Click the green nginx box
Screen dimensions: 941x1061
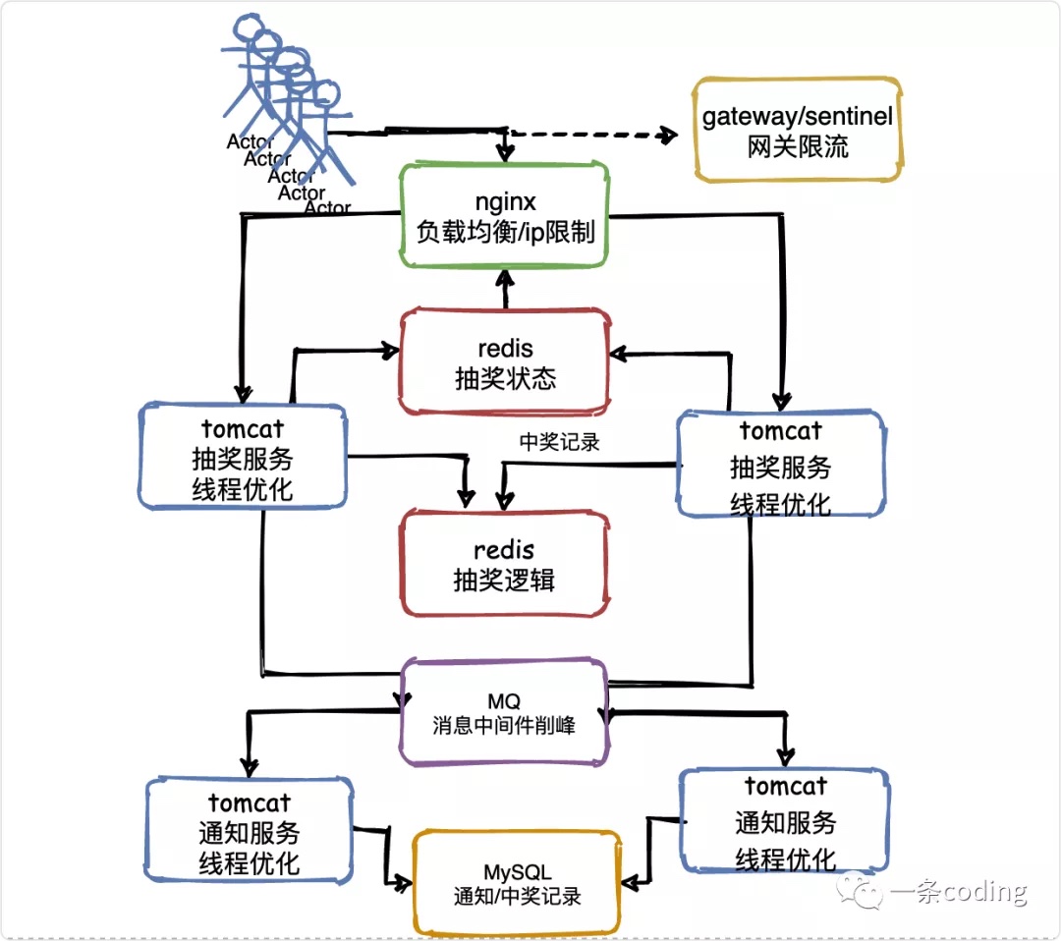point(505,216)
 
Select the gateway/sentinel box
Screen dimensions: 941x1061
point(797,130)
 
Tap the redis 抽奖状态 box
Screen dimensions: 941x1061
point(505,361)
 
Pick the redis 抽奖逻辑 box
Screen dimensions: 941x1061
point(504,563)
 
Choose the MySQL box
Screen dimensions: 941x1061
point(517,883)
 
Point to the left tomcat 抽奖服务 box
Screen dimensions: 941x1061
point(243,456)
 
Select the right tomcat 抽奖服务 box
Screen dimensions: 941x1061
point(781,465)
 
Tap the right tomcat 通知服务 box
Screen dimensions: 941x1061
point(785,821)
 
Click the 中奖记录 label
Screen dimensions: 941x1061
point(559,442)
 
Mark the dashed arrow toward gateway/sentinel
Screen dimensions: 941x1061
point(589,135)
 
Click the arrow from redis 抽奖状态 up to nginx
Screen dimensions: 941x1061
point(507,290)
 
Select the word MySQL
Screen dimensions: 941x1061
point(517,872)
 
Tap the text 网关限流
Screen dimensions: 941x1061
point(797,147)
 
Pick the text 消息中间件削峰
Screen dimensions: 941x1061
point(504,726)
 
